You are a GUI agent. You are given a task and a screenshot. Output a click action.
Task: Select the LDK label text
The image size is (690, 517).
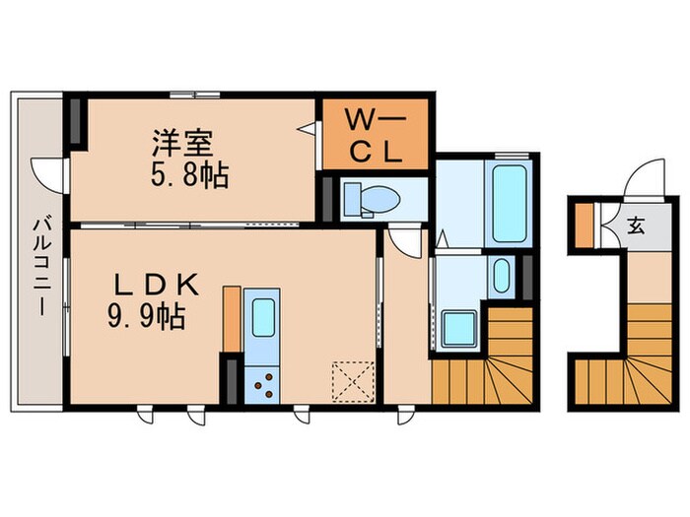coord(159,286)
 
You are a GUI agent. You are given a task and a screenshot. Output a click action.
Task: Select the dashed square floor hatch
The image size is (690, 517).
coord(349,380)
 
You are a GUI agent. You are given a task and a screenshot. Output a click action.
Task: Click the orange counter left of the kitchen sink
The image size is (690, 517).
coord(233,317)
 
